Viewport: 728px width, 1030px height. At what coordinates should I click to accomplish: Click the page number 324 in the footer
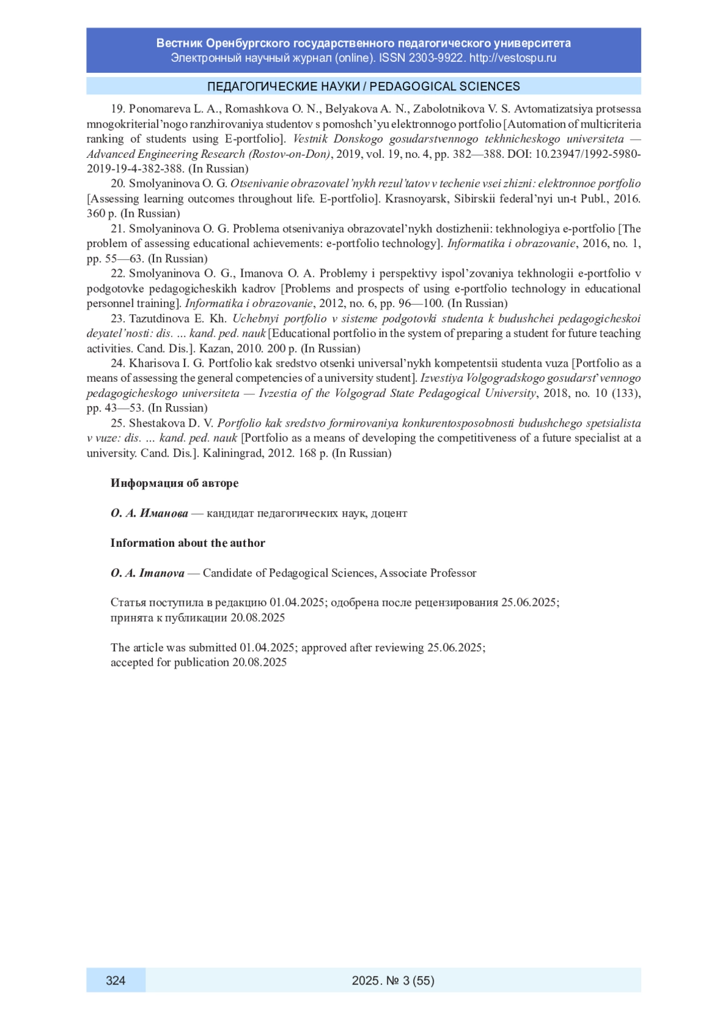pyautogui.click(x=115, y=980)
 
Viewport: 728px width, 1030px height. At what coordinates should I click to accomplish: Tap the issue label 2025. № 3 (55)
pyautogui.click(x=393, y=980)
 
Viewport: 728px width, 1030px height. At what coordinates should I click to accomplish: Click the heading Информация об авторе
pyautogui.click(x=174, y=483)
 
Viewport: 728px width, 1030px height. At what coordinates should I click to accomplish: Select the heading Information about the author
pyautogui.click(x=187, y=543)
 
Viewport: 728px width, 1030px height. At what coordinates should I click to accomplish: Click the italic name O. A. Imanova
pyautogui.click(x=147, y=573)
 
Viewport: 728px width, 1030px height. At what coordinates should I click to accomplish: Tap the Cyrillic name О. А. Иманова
pyautogui.click(x=149, y=513)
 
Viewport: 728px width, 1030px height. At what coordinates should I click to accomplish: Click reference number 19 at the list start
pyautogui.click(x=117, y=109)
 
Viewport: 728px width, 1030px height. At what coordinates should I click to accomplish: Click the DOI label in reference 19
pyautogui.click(x=519, y=154)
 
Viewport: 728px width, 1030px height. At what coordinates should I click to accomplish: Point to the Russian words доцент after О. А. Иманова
pyautogui.click(x=389, y=513)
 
